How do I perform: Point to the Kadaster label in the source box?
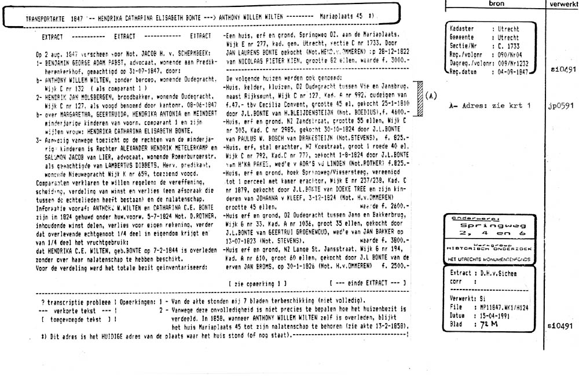(x=462, y=28)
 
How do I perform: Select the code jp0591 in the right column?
(x=560, y=107)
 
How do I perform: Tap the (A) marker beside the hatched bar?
(x=431, y=94)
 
